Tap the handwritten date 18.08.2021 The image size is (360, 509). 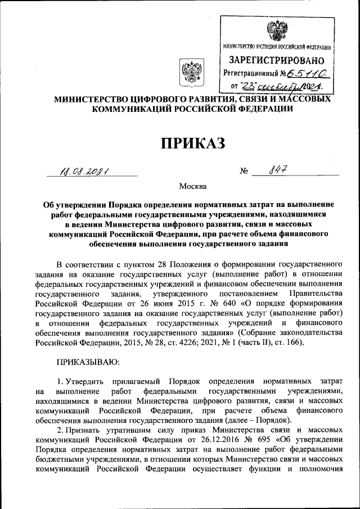[x=85, y=172]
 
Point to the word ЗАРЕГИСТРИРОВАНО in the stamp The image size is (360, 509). [x=276, y=60]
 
